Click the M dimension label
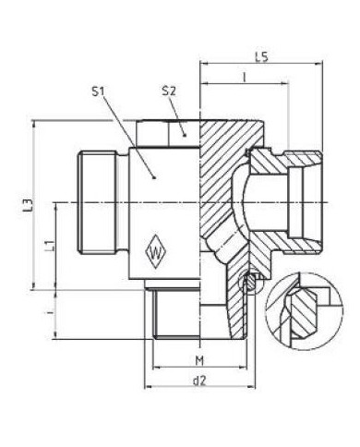(x=199, y=357)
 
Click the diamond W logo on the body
(x=157, y=249)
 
